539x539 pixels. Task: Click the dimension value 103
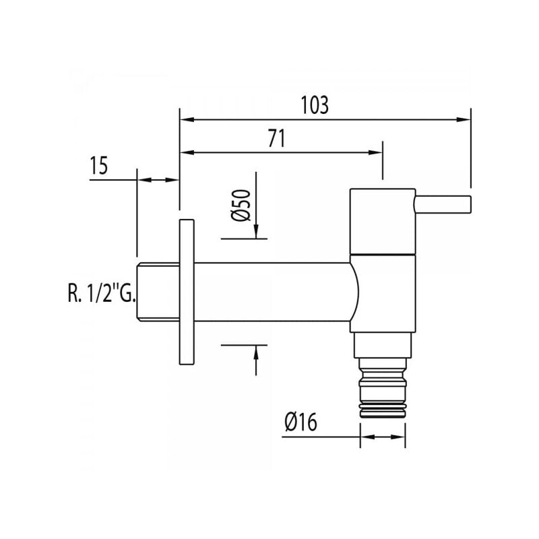pyautogui.click(x=314, y=106)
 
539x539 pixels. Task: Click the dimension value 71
pyautogui.click(x=276, y=139)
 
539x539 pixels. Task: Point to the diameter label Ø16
pyautogui.click(x=300, y=422)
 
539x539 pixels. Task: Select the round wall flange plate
pyautogui.click(x=187, y=292)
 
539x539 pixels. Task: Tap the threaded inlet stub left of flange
pyautogui.click(x=156, y=292)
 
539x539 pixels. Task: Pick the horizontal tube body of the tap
pyautogui.click(x=269, y=292)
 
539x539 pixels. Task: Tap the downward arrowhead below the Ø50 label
pyautogui.click(x=256, y=232)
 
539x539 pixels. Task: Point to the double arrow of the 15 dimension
pyautogui.click(x=158, y=180)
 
